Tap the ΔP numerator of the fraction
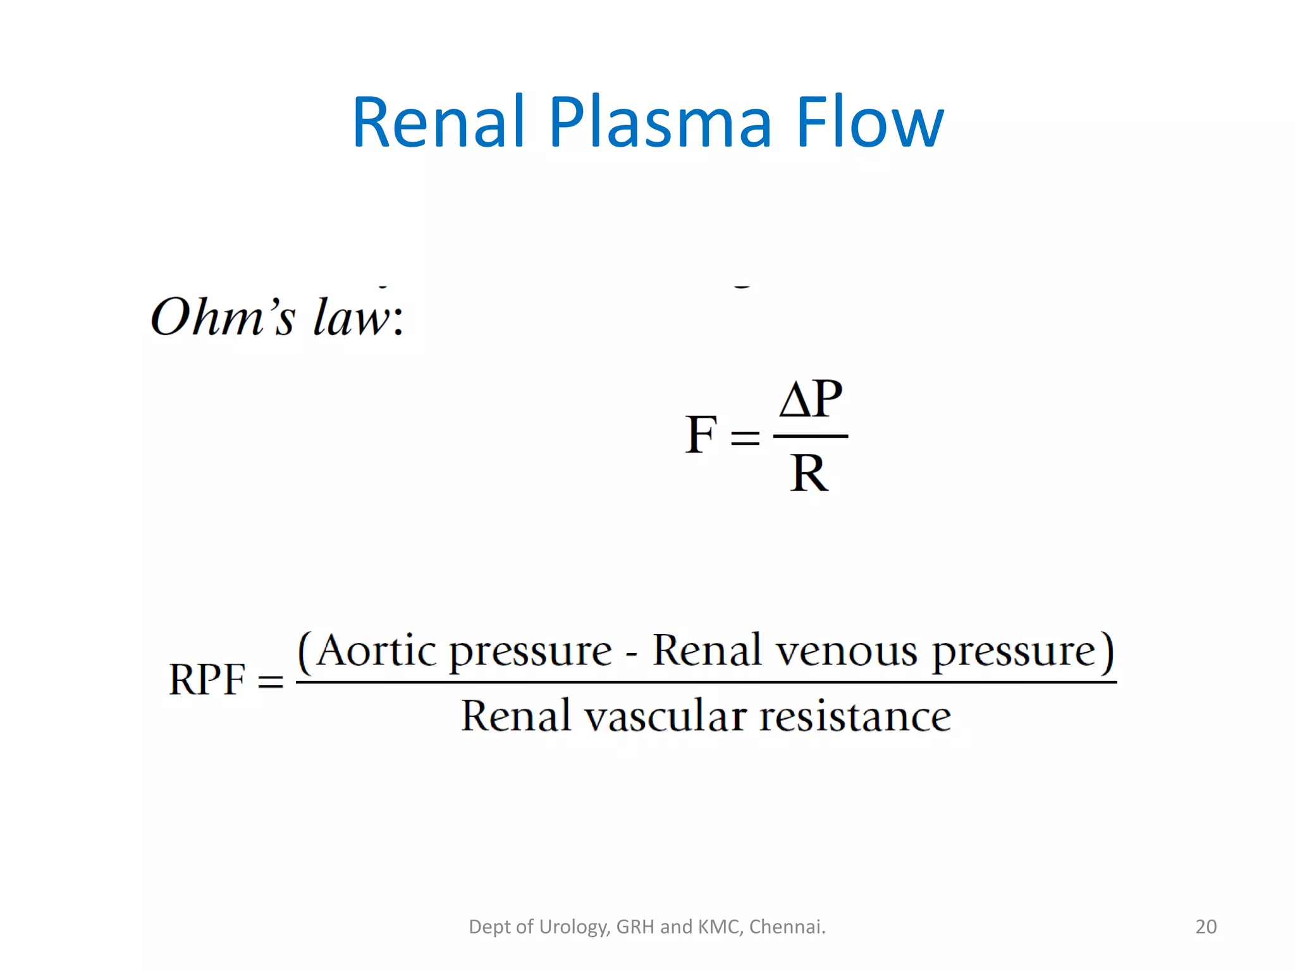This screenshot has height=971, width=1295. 811,400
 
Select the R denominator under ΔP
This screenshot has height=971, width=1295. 808,473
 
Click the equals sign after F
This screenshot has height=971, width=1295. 745,437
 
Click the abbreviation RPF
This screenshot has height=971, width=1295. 207,680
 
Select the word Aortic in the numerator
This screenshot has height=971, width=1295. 376,651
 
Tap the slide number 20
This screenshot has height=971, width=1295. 1206,927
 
